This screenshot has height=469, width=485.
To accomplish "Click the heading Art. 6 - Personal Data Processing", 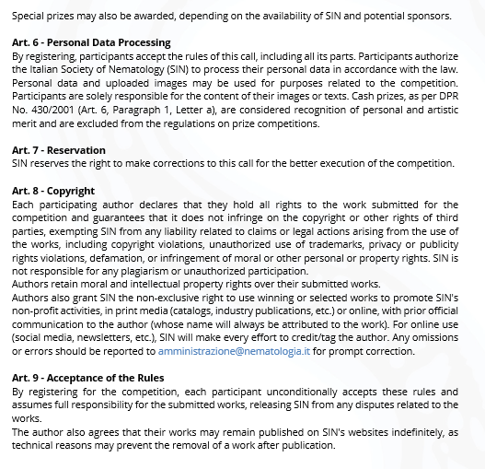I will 91,43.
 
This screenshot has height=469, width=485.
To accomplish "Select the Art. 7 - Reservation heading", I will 59,150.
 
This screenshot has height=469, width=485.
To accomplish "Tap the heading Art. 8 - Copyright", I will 53,191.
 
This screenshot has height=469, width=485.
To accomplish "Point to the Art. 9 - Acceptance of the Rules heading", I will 88,379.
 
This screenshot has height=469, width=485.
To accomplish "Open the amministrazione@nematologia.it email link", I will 234,351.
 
